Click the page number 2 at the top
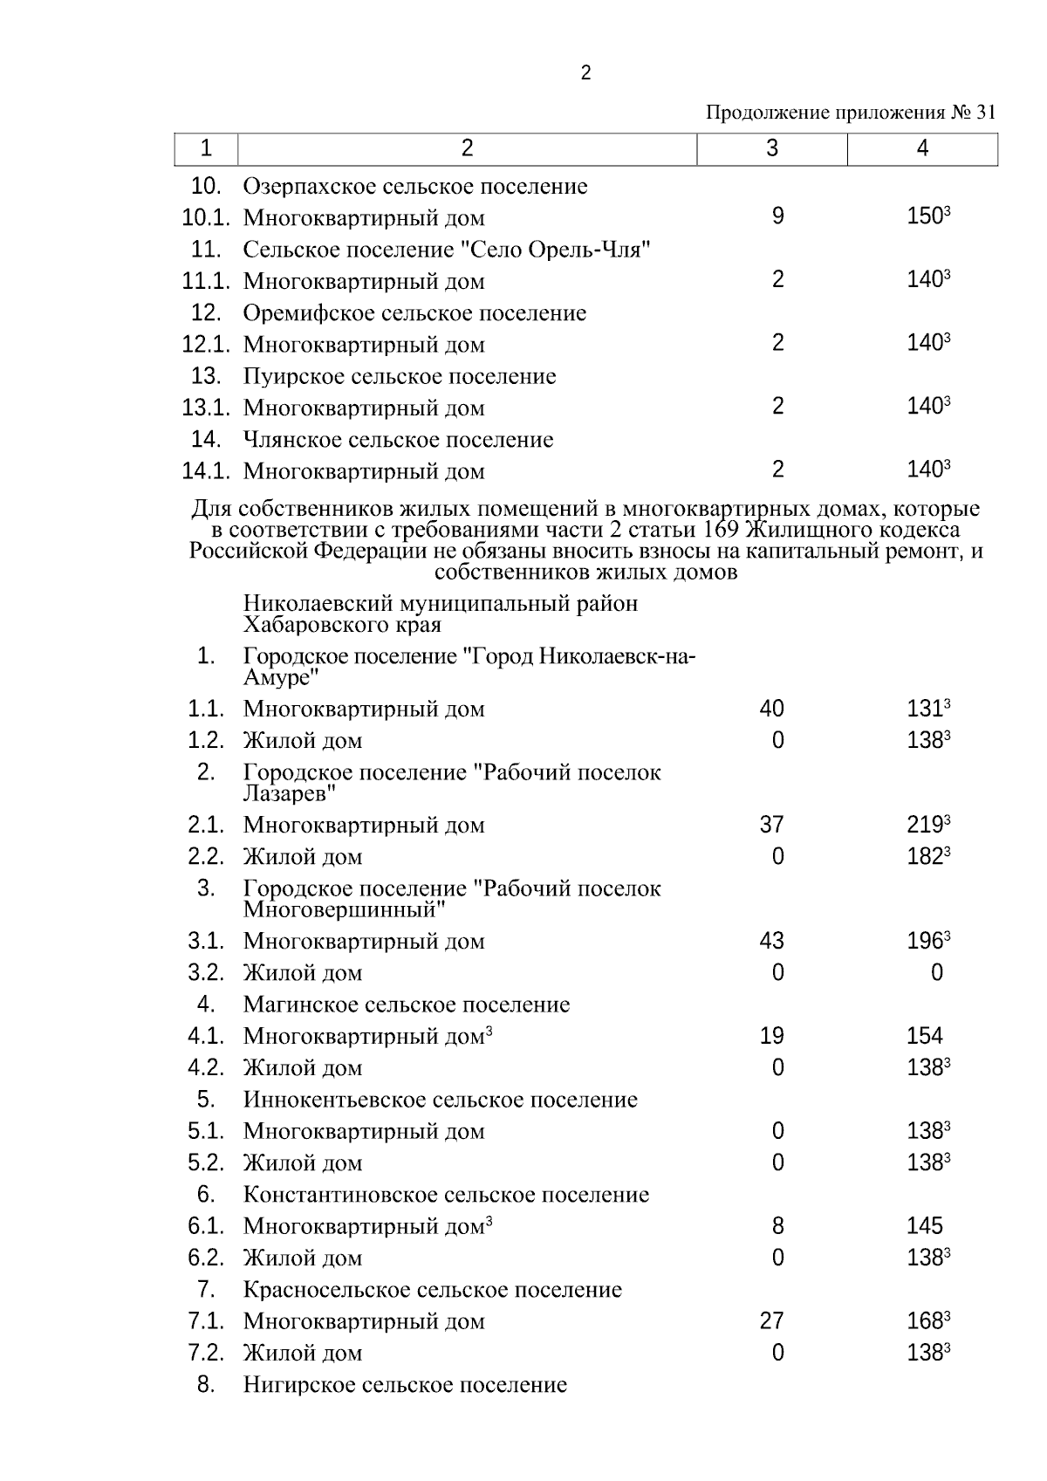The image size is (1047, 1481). click(585, 73)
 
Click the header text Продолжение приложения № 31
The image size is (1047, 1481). click(850, 113)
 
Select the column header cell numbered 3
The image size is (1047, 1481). click(771, 149)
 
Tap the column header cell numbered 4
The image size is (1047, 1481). click(922, 149)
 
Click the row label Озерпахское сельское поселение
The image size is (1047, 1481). click(415, 187)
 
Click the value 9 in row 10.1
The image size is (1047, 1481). click(777, 216)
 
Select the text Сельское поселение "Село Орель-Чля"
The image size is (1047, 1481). click(448, 250)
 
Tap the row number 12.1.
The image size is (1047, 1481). click(205, 345)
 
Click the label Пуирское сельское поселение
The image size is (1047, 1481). click(400, 377)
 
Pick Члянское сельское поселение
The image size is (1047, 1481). click(398, 440)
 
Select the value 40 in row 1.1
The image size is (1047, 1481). click(771, 709)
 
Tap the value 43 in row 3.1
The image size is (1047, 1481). click(771, 942)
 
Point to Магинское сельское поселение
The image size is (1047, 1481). click(407, 1005)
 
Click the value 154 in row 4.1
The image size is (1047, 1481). click(924, 1037)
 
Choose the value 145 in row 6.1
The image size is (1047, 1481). click(924, 1227)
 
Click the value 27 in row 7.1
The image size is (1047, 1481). click(771, 1322)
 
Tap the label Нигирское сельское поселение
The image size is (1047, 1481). click(405, 1386)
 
